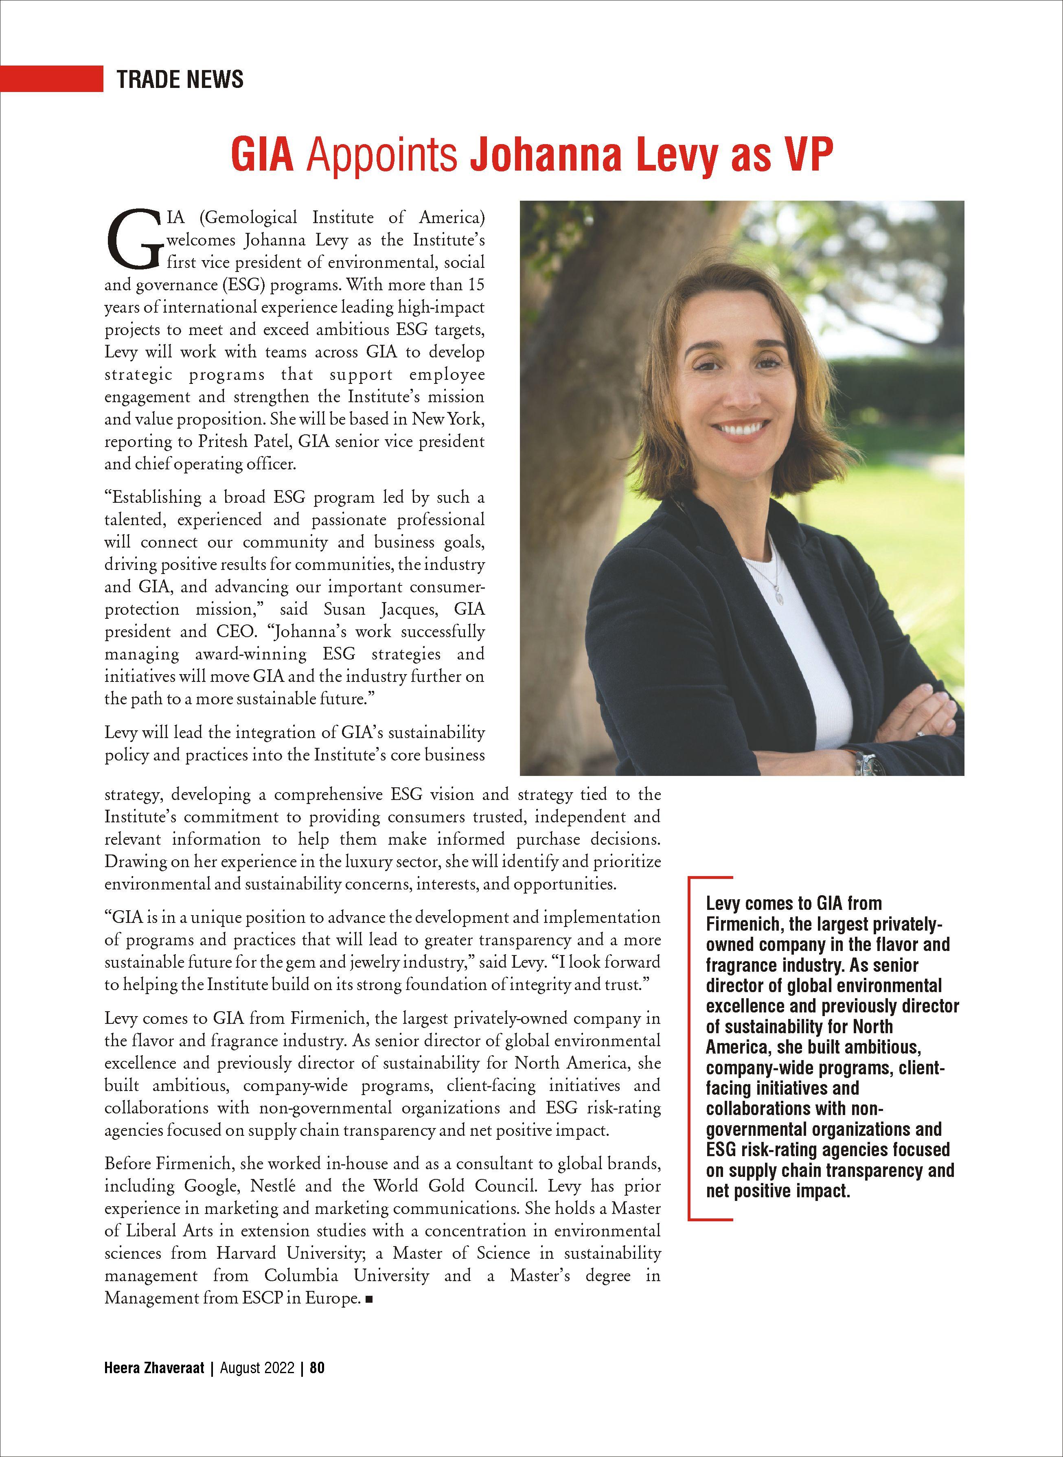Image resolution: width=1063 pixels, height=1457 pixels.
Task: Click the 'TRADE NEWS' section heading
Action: pos(180,79)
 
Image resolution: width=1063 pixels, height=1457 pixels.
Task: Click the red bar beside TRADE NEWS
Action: pos(51,79)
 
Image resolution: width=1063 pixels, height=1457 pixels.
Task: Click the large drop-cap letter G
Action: pos(134,239)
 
